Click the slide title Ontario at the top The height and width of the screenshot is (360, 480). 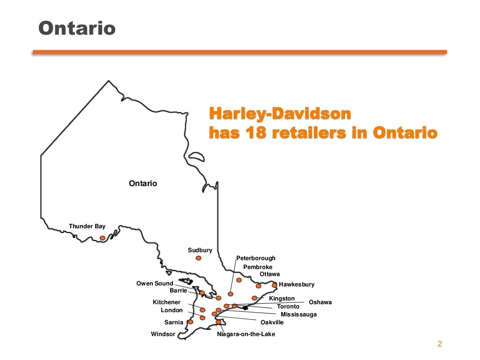76,29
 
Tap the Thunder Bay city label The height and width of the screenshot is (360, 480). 87,226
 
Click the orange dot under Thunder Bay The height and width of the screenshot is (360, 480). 102,238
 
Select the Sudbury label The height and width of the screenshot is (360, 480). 200,250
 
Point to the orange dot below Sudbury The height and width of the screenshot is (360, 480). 199,258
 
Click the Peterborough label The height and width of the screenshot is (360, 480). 255,258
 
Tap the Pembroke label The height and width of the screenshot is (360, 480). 257,267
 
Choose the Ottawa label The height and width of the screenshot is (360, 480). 270,274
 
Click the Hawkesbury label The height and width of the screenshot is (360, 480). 296,285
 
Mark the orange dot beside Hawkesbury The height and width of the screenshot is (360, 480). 275,285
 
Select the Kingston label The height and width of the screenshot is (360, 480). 282,299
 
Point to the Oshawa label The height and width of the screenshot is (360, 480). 320,302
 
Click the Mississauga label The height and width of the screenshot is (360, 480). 299,315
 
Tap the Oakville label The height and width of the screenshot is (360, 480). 272,322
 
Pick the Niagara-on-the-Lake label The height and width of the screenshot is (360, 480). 246,334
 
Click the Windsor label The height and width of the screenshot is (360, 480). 163,334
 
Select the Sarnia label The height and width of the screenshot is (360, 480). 173,322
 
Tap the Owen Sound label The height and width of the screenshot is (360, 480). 155,284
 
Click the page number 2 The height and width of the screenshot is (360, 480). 440,344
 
